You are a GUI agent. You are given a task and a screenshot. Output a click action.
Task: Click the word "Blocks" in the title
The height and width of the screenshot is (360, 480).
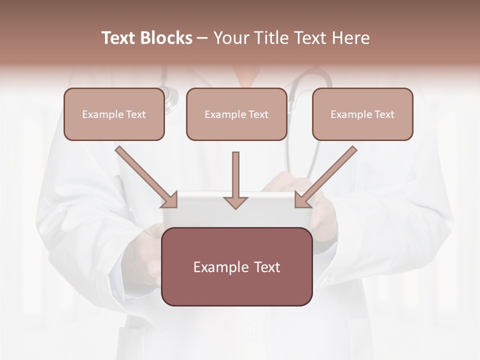pyautogui.click(x=167, y=38)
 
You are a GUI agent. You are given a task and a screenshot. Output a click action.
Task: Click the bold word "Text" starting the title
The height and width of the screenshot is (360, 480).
pyautogui.click(x=119, y=38)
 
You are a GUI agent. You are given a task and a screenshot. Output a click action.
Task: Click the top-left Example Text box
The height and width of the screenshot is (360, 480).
pyautogui.click(x=114, y=114)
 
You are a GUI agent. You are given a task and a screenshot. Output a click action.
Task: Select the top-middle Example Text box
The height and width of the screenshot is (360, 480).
pyautogui.click(x=236, y=114)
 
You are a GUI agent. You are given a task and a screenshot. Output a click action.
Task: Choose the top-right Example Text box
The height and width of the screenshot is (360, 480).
pyautogui.click(x=362, y=114)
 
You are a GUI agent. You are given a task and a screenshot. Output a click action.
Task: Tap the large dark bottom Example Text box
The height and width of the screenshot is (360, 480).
pyautogui.click(x=237, y=266)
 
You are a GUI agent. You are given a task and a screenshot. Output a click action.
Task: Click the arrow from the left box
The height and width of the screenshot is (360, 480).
pyautogui.click(x=145, y=176)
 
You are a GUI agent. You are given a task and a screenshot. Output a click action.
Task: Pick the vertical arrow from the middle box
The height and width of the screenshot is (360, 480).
pyautogui.click(x=235, y=175)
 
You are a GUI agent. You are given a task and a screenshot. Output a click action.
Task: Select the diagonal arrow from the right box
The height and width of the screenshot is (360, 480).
pyautogui.click(x=327, y=176)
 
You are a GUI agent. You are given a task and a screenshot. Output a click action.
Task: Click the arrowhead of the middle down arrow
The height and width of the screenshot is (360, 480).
pyautogui.click(x=235, y=202)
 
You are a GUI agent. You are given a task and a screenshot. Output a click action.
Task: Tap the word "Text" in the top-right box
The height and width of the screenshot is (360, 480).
pyautogui.click(x=384, y=114)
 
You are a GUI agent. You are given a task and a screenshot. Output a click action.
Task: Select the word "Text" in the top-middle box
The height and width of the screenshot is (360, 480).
pyautogui.click(x=258, y=114)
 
